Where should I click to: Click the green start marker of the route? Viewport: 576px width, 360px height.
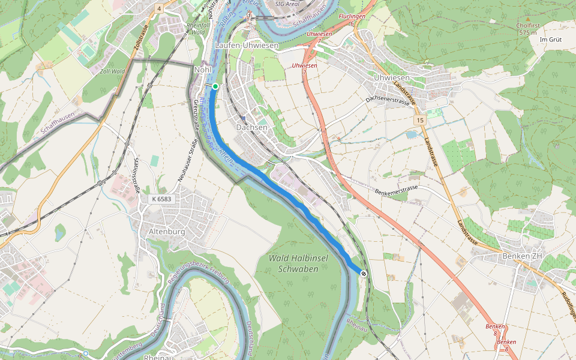(x=215, y=86)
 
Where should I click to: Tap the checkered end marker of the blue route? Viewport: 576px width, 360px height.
(x=364, y=274)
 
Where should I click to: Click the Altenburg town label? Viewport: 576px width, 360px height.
(x=166, y=231)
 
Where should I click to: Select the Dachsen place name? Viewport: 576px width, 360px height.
(x=251, y=128)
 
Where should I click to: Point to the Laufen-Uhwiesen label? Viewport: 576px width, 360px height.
(x=247, y=46)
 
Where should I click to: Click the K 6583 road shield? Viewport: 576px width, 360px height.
(x=161, y=199)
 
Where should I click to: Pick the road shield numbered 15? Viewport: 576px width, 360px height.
(x=419, y=121)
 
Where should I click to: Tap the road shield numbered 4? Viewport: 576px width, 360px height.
(x=159, y=8)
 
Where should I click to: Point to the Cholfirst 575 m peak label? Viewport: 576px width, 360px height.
(x=526, y=29)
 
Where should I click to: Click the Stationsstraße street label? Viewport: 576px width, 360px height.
(x=134, y=176)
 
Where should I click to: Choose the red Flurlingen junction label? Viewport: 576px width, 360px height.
(x=352, y=17)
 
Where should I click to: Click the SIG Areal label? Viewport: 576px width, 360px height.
(x=287, y=4)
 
